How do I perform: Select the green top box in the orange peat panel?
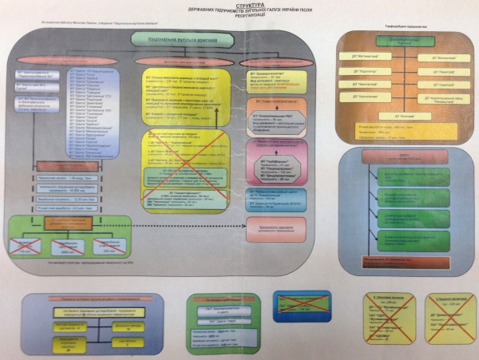pyautogui.click(x=405, y=42)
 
